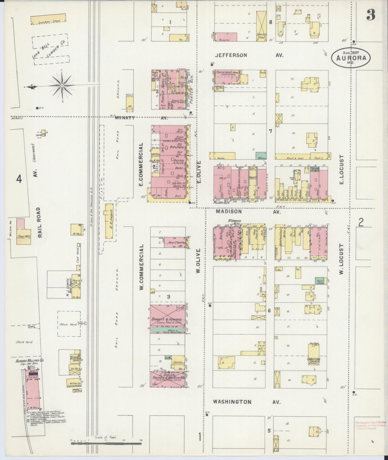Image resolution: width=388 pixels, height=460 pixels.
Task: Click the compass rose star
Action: (62, 85)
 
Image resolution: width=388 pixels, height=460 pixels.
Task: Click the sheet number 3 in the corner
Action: (371, 15)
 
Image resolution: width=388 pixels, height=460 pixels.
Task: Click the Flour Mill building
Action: (23, 236)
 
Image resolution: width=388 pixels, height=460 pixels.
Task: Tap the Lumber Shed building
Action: (48, 20)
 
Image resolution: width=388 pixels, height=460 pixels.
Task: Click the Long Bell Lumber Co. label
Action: (50, 50)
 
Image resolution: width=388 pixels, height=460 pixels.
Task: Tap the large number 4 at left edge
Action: (19, 179)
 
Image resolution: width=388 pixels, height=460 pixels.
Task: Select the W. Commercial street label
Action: (142, 267)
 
